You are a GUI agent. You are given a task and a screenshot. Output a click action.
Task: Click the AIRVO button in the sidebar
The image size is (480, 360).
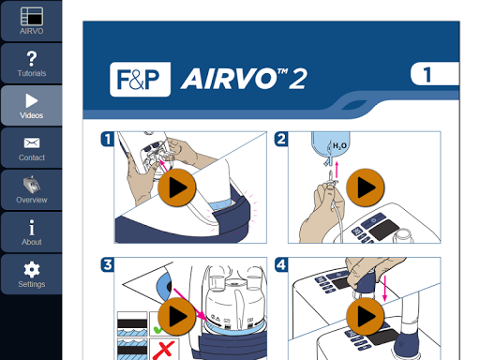coord(31,21)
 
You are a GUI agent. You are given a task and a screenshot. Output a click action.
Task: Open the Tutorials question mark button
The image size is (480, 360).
coord(31,64)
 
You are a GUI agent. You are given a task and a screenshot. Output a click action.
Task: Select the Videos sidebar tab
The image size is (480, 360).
coord(31,106)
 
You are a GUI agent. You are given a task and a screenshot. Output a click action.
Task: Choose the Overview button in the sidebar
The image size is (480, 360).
coord(31,190)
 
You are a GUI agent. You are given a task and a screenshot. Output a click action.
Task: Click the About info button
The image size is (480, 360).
coord(31,232)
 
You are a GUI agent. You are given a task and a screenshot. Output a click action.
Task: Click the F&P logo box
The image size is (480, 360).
coord(140,80)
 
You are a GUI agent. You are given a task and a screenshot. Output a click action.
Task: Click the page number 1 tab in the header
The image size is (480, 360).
coord(434,74)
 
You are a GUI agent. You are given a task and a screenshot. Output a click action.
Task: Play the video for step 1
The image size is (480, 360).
coord(177,187)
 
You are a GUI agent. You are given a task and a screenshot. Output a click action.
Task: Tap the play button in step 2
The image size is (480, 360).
coord(366,187)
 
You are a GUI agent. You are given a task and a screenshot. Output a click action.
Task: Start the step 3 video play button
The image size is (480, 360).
coord(177,316)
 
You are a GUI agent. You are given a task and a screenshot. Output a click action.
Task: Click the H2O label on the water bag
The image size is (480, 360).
coord(339,146)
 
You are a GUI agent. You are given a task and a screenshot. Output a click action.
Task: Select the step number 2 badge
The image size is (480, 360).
coord(281,139)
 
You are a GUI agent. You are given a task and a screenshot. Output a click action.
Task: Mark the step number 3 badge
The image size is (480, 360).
coord(108,264)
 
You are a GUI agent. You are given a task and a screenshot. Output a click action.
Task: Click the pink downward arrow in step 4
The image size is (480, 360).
coord(385,289)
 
